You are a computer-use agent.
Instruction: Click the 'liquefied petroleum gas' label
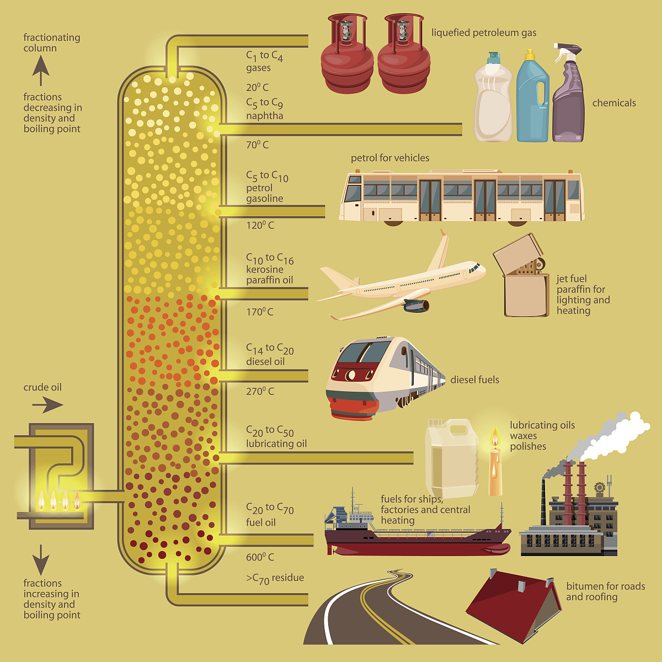point(483,33)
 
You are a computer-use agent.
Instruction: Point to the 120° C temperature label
point(260,225)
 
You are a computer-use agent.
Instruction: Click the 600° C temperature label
point(260,557)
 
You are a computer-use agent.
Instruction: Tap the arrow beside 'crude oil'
point(47,405)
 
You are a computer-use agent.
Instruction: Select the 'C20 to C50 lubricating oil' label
point(276,437)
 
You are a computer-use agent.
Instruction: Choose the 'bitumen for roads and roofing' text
point(605,591)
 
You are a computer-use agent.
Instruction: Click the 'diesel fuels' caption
point(474,380)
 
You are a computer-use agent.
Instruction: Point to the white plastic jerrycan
point(451,458)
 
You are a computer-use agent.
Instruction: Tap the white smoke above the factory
point(612,436)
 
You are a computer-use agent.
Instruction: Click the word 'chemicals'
point(614,103)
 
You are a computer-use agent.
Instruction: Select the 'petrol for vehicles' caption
point(390,158)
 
